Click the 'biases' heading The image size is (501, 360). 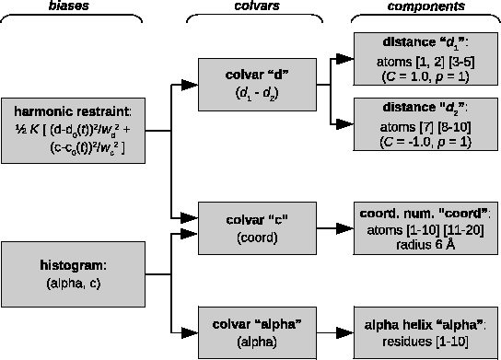[72, 6]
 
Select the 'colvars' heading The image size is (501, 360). [256, 6]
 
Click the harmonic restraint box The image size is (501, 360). [74, 132]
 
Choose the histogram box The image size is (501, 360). [73, 274]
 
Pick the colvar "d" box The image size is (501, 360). [256, 84]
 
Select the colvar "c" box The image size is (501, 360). [256, 227]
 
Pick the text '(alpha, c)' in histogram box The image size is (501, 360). [72, 283]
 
